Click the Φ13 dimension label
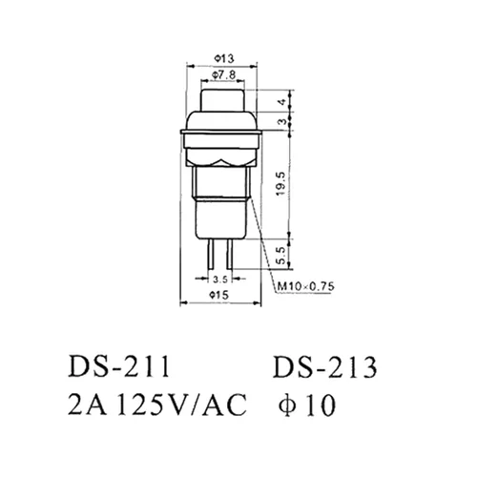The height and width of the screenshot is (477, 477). tap(222, 55)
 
